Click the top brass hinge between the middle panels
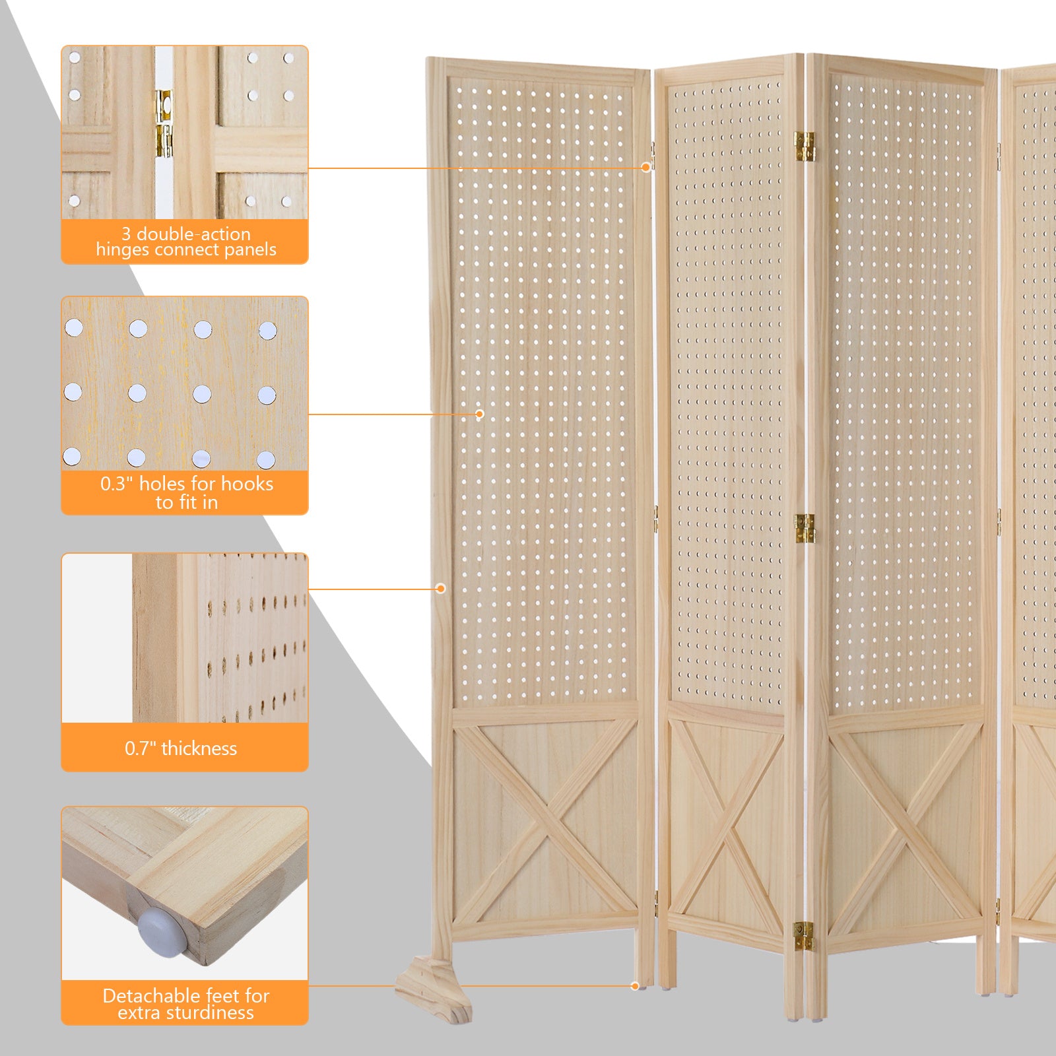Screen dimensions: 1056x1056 coord(805,147)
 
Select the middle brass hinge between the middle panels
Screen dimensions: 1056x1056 coord(805,529)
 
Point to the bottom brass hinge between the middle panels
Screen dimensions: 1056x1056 coord(804,936)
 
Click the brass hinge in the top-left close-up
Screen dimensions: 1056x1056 coord(164,124)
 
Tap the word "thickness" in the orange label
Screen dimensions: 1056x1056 coord(199,748)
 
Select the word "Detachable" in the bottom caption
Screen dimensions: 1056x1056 coord(142,996)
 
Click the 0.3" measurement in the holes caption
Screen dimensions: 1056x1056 coord(117,484)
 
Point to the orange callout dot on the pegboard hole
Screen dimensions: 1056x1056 coord(480,414)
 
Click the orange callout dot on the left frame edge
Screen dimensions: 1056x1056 coord(441,589)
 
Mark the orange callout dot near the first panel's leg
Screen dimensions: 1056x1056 coord(635,986)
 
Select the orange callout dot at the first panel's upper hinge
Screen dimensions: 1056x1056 coord(645,168)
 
